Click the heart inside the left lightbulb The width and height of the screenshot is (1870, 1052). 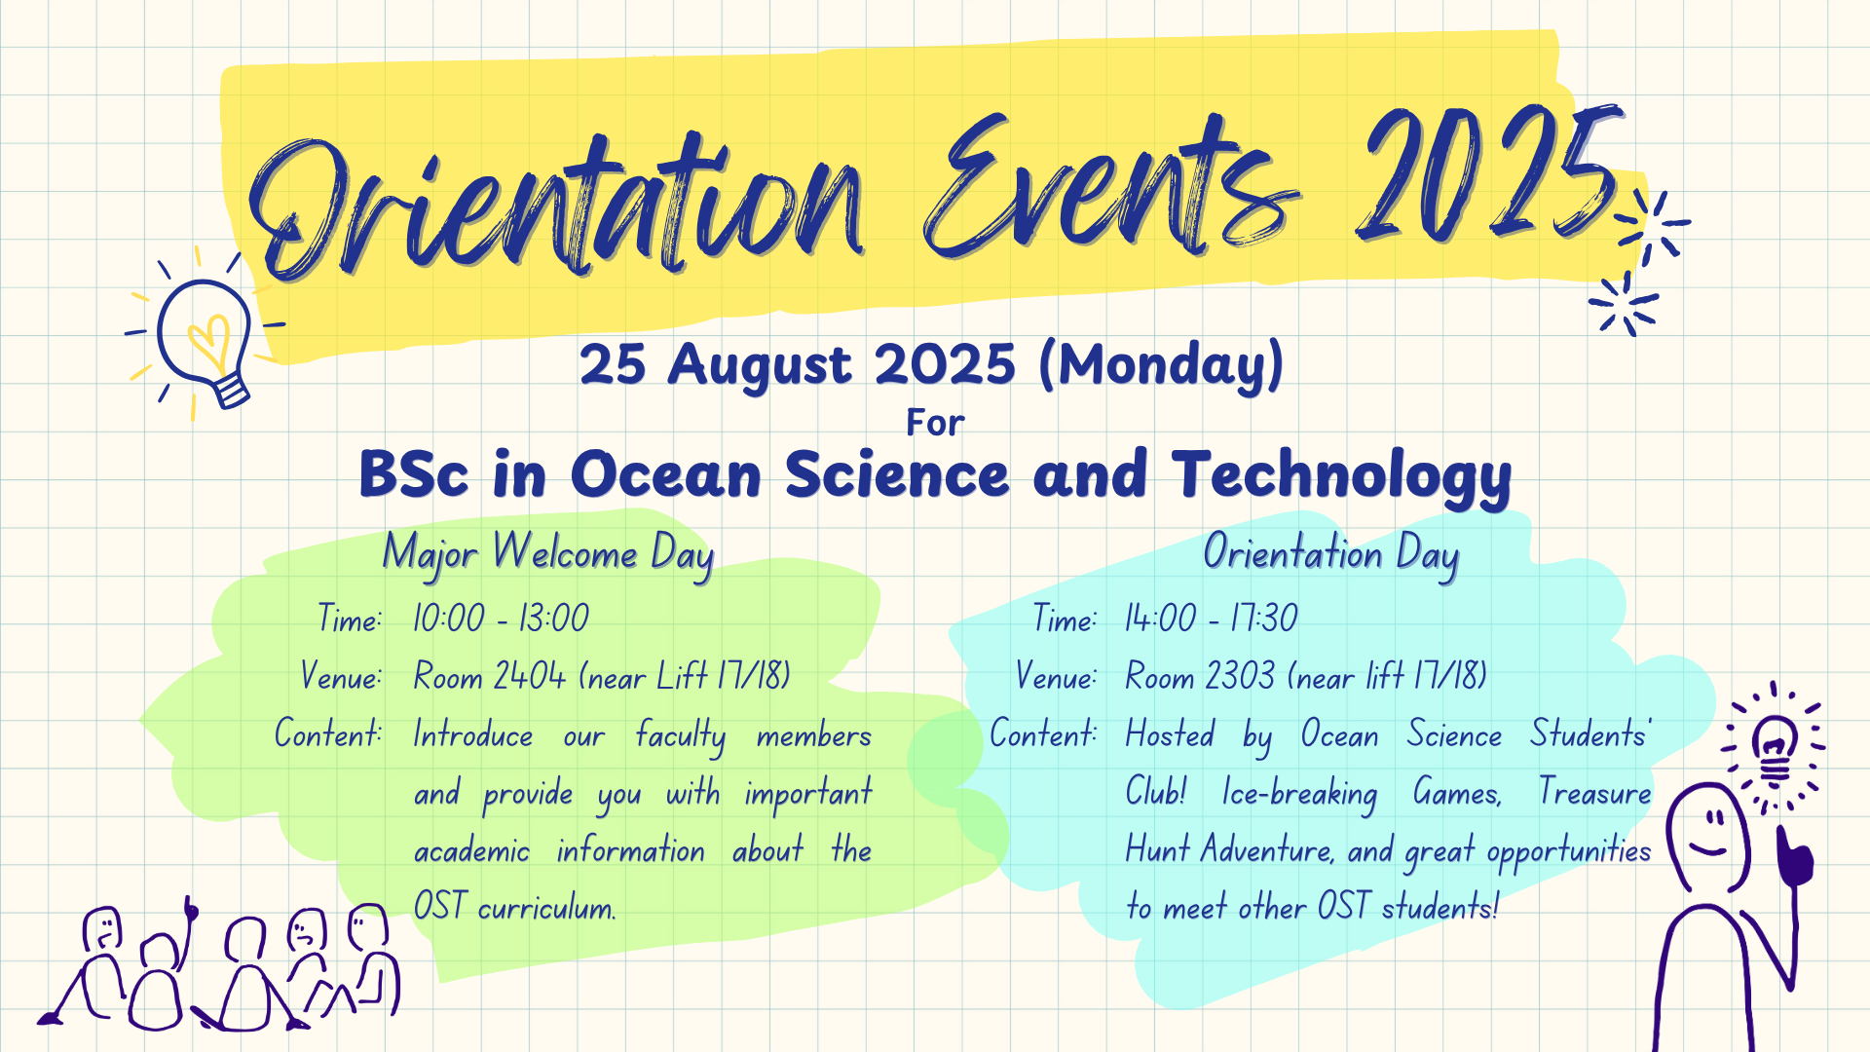(x=207, y=343)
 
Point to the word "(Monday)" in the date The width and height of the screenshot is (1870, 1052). (x=1161, y=365)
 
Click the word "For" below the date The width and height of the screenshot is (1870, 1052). (x=935, y=423)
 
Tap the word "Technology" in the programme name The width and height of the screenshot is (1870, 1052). (x=1342, y=478)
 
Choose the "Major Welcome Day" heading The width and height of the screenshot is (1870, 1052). (x=548, y=555)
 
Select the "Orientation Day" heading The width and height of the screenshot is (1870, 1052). (x=1331, y=554)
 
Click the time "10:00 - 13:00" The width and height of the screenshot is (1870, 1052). (x=502, y=619)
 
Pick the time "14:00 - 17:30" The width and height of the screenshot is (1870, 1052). (x=1212, y=619)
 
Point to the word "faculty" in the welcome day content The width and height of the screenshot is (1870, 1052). (x=681, y=737)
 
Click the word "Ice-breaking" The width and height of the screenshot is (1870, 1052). (x=1300, y=794)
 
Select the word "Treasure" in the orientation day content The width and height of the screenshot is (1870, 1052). (x=1595, y=792)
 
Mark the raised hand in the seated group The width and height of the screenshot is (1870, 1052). (x=190, y=910)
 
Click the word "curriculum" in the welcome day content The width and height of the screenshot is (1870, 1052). (x=546, y=909)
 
